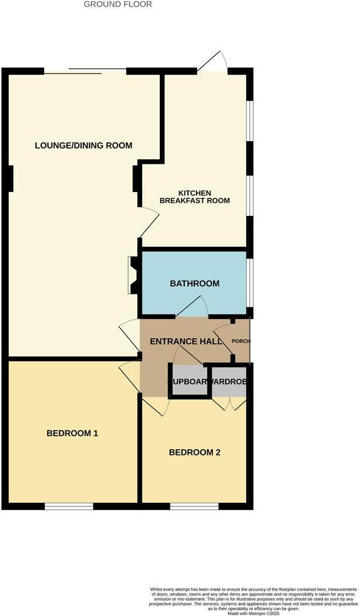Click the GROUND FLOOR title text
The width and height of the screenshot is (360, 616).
tap(118, 5)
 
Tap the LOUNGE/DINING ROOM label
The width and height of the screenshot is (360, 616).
tap(83, 145)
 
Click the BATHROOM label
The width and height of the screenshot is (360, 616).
tap(194, 283)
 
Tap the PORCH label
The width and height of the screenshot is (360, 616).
tap(241, 341)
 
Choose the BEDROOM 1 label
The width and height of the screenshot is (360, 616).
tap(72, 433)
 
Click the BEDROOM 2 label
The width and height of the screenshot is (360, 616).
tap(194, 452)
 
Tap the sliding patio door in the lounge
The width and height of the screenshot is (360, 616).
tap(85, 71)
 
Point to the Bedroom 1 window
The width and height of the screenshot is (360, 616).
tap(69, 506)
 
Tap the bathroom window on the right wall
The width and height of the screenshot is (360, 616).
tap(250, 282)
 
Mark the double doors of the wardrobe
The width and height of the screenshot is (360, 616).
tap(229, 404)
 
